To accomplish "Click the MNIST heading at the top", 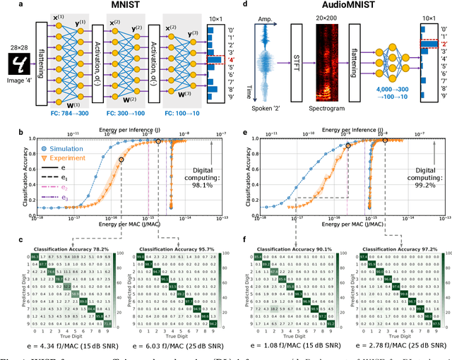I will (x=114, y=7).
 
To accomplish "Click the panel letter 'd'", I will (x=246, y=4).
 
